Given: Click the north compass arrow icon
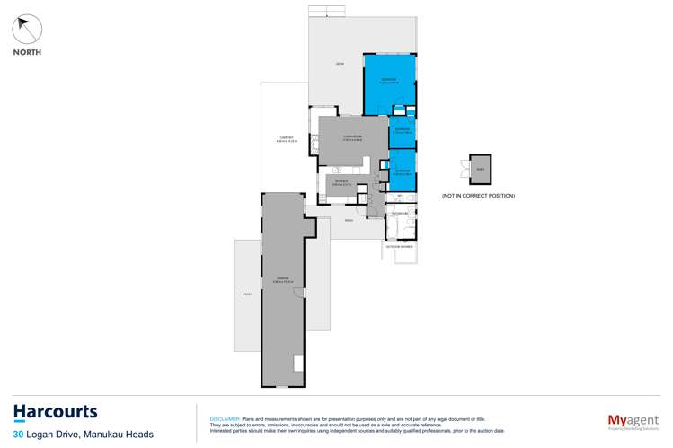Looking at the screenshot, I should (x=28, y=29).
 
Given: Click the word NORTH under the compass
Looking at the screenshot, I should (x=27, y=52).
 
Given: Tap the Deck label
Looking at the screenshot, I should (x=340, y=64).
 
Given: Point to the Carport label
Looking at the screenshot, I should (x=286, y=139).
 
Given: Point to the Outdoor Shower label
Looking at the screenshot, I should (x=400, y=245).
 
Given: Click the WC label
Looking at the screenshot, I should (x=399, y=195).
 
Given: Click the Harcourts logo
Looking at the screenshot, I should (x=55, y=413).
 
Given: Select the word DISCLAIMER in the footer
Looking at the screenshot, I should (x=224, y=419).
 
